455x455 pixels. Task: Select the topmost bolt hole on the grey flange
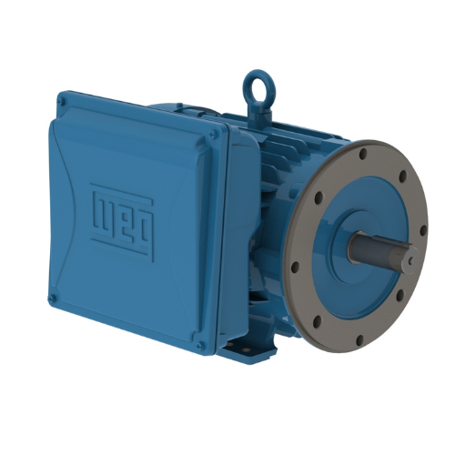point(363,154)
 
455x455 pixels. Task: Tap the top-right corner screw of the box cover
point(211,135)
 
